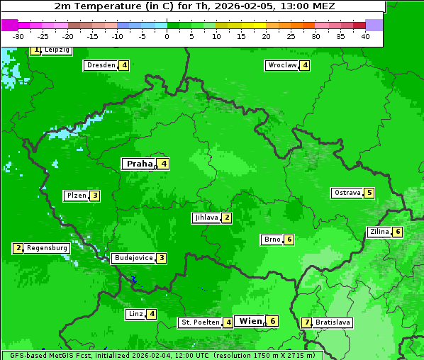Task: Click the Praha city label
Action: pos(139,164)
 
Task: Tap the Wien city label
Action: pos(250,321)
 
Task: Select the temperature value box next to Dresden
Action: pos(124,65)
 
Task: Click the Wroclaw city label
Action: pos(281,65)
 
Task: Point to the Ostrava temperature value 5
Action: pos(369,193)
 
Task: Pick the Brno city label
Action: pos(272,240)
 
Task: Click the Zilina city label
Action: pos(379,232)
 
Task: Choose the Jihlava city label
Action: pos(206,218)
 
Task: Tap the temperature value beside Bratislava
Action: pos(306,322)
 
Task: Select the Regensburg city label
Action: pos(47,248)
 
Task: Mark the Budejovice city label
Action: pos(133,258)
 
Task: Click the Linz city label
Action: pos(135,314)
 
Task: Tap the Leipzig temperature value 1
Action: pos(36,50)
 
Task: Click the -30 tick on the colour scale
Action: pos(18,36)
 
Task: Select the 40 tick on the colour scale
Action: pos(365,36)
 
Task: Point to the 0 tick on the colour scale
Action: pos(167,36)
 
